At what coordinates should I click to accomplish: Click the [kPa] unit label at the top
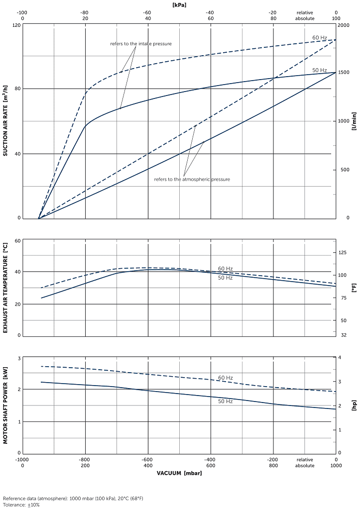179,4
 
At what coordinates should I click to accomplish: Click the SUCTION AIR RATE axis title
5,121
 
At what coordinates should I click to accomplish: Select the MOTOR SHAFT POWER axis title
5,406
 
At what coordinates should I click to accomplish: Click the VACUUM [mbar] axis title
179,473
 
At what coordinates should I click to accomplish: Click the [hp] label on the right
354,406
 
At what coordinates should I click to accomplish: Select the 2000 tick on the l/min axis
344,24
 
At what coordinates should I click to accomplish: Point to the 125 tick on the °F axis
342,253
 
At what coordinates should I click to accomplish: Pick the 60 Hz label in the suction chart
320,38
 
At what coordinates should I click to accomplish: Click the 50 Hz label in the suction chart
320,70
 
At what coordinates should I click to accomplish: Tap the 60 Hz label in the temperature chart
225,269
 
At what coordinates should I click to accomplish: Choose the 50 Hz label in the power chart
225,401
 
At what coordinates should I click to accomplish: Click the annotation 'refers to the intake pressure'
141,44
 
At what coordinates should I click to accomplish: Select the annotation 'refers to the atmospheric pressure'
192,179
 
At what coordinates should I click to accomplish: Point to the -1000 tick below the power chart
22,459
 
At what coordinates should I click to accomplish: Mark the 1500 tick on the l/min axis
344,73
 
